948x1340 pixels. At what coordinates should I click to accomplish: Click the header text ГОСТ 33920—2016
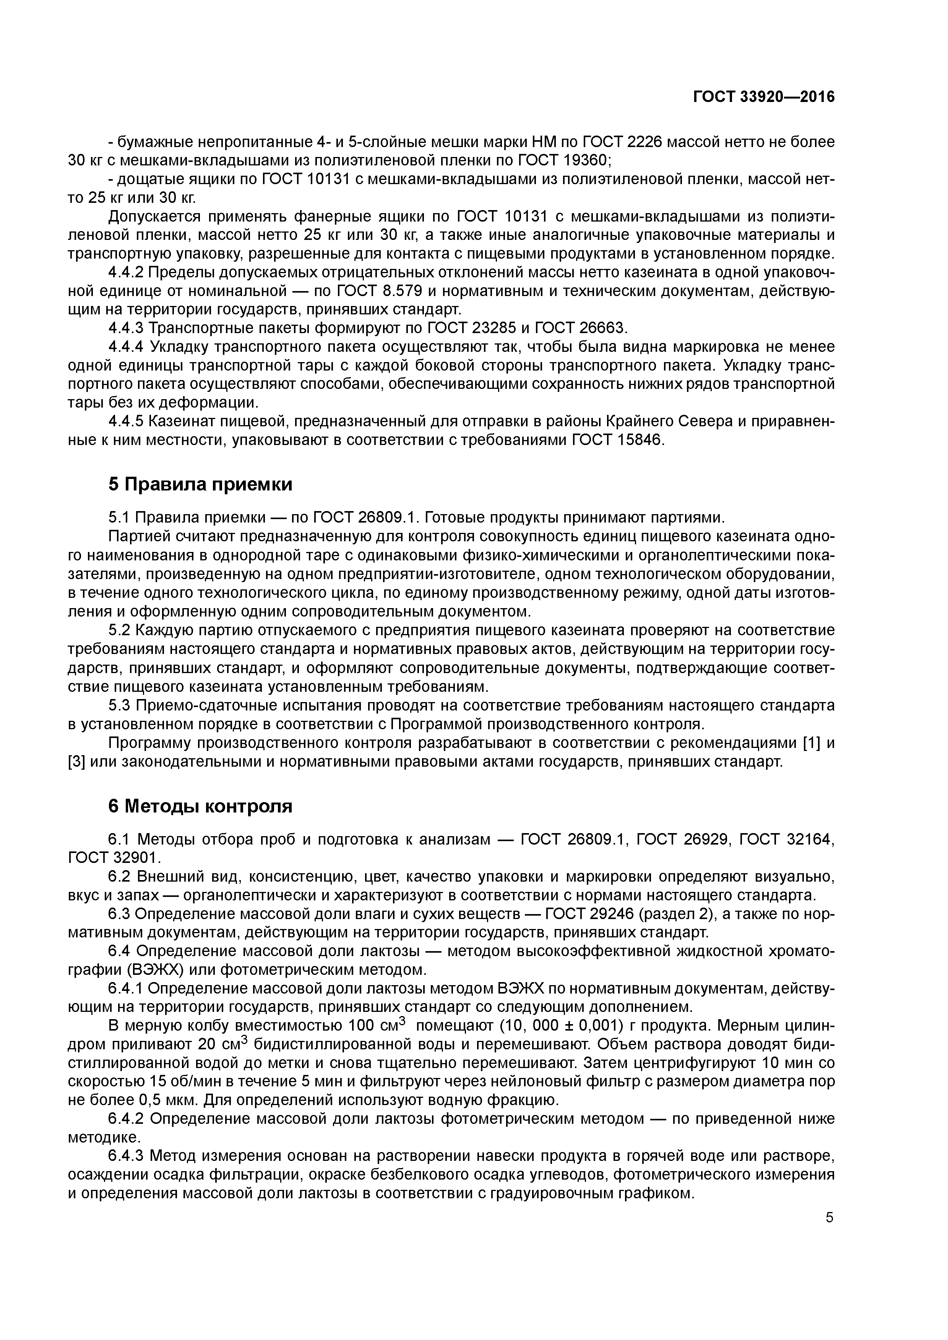(763, 97)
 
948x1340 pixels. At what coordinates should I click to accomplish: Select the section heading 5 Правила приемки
(200, 484)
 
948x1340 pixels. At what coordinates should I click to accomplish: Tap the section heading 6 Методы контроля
(200, 806)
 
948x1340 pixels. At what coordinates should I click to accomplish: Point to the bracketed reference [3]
(77, 762)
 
